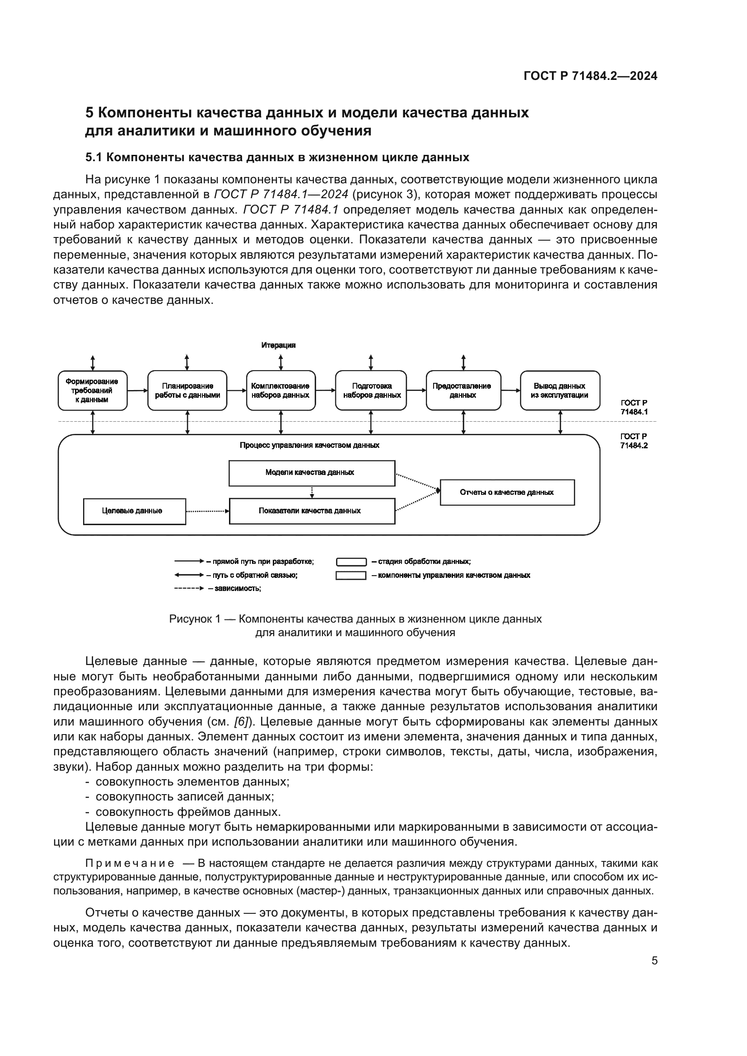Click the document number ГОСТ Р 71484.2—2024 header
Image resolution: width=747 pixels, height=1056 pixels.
click(590, 76)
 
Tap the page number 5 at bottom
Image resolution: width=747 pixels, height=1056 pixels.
click(654, 960)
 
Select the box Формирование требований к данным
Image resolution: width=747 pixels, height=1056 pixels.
click(93, 391)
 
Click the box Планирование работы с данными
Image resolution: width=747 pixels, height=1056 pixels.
click(187, 391)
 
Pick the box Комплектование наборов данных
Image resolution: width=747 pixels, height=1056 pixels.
click(280, 391)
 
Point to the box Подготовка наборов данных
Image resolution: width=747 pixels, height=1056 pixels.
click(371, 391)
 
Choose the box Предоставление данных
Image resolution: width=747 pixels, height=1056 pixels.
click(463, 391)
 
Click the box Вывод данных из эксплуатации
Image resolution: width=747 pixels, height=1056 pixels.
click(559, 391)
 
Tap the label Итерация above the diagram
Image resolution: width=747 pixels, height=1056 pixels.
click(278, 345)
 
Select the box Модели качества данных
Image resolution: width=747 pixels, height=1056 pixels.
click(312, 473)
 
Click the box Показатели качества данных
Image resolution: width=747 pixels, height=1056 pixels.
click(312, 511)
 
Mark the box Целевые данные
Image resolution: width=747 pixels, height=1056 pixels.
click(134, 511)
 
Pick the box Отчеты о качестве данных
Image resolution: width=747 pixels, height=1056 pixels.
click(507, 493)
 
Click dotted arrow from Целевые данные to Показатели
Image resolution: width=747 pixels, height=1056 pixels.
click(207, 511)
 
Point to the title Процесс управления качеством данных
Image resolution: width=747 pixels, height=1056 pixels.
click(309, 445)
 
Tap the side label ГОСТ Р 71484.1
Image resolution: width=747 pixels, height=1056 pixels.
click(634, 408)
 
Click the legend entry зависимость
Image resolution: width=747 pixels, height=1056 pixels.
click(238, 589)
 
